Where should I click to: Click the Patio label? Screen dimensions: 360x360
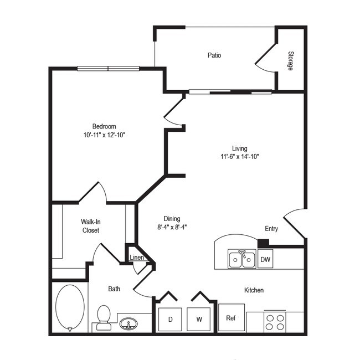point(214,55)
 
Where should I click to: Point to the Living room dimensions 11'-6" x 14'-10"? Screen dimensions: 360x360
point(240,157)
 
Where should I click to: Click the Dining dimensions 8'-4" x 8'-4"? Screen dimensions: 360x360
point(172,227)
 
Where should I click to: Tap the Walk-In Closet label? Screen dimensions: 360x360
point(91,226)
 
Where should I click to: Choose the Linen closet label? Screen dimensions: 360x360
point(137,258)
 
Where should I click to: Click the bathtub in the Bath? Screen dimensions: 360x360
point(70,307)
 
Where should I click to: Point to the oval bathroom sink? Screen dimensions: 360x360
point(129,323)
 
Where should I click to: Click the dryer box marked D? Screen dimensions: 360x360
point(170,320)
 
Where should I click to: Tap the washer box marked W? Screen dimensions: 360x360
point(198,320)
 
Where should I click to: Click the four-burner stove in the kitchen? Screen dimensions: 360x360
point(274,322)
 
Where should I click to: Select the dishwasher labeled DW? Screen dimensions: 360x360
point(265,259)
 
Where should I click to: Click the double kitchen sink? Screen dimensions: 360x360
point(242,259)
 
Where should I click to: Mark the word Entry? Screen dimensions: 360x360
point(271,229)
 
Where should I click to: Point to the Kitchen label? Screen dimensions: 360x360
point(254,290)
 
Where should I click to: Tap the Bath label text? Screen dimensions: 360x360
point(114,289)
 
